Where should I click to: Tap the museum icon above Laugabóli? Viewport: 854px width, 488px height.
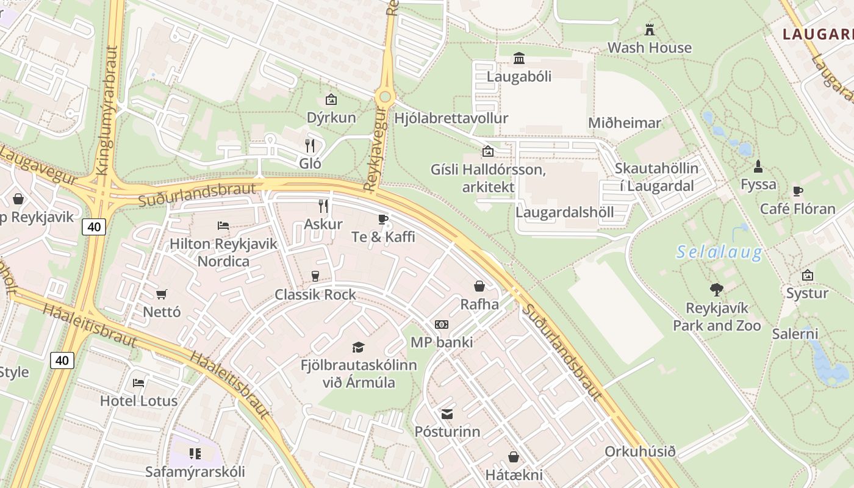pos(519,59)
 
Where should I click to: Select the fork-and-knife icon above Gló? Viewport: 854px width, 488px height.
pos(310,145)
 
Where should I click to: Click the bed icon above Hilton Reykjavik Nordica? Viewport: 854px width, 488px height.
pos(223,226)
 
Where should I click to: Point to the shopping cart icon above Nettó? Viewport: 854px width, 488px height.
pos(162,295)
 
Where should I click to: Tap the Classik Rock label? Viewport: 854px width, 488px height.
pos(315,295)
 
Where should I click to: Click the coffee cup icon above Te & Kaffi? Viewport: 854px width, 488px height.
pos(383,219)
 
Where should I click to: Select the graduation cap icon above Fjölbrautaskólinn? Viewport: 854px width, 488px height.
pos(358,347)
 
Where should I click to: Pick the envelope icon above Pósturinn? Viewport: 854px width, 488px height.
pos(447,414)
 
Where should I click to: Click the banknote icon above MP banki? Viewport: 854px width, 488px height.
pos(441,325)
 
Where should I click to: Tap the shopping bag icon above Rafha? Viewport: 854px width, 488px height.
pos(479,285)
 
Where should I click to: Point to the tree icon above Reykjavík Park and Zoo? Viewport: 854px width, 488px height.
pos(717,290)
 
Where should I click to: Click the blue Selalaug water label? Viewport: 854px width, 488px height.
pos(719,252)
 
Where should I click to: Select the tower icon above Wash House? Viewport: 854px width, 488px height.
pos(650,29)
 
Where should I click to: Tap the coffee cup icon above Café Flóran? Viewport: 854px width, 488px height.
pos(797,191)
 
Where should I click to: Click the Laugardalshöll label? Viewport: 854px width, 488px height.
pos(564,212)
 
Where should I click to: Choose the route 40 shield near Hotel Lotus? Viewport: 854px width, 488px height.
pos(62,361)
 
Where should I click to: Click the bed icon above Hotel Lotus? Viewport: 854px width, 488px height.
pos(138,383)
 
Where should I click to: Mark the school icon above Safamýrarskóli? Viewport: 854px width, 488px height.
pos(195,453)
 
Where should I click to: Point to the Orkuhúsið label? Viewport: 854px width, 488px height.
pos(640,452)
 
